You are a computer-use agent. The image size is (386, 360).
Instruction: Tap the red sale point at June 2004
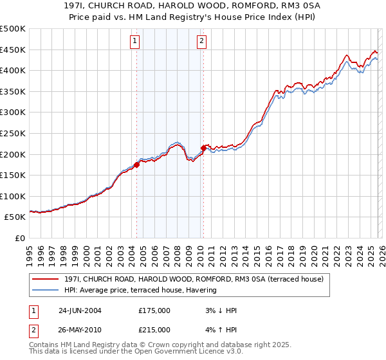137,165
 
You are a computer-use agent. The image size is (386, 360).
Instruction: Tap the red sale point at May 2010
204,148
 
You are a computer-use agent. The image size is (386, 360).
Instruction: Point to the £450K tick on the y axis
13,50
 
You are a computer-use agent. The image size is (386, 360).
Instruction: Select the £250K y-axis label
13,134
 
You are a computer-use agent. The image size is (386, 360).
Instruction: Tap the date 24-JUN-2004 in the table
80,310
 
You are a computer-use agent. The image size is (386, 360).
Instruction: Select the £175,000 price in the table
154,310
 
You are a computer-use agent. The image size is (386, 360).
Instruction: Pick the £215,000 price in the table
154,329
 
